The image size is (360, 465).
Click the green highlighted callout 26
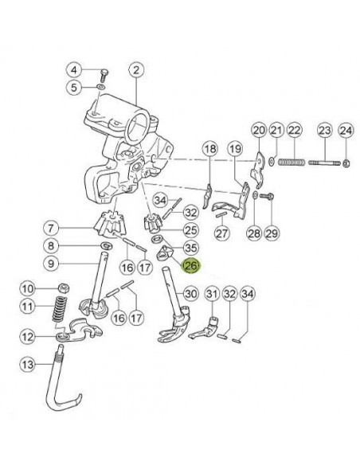190,265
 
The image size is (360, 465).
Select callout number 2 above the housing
136,70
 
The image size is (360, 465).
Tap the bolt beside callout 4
104,75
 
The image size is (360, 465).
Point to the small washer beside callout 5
100,88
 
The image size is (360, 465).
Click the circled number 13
28,365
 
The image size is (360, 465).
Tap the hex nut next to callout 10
64,287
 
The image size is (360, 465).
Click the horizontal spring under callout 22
292,162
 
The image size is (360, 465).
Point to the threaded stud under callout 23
324,162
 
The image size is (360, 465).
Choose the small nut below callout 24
346,163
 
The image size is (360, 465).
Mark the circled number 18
210,149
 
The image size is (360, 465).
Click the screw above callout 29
267,196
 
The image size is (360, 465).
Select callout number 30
191,294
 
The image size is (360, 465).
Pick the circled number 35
190,248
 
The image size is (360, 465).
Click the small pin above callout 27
221,214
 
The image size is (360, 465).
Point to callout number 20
259,131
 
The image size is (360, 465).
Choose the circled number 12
28,337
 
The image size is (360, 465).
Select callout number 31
212,294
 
